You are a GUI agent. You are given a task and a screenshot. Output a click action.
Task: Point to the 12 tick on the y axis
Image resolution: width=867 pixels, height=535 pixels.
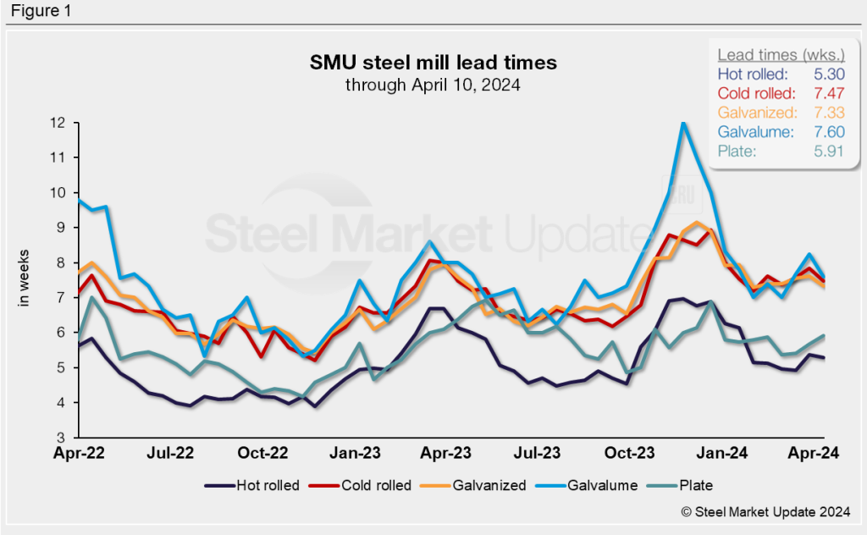point(58,123)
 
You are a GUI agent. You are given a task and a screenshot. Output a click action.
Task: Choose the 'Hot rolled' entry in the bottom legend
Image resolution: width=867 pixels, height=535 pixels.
point(251,486)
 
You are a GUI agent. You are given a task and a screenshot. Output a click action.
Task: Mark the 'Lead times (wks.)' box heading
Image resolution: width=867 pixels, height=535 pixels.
point(774,55)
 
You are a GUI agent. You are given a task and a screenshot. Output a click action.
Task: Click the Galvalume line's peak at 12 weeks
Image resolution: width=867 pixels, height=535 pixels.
point(682,124)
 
